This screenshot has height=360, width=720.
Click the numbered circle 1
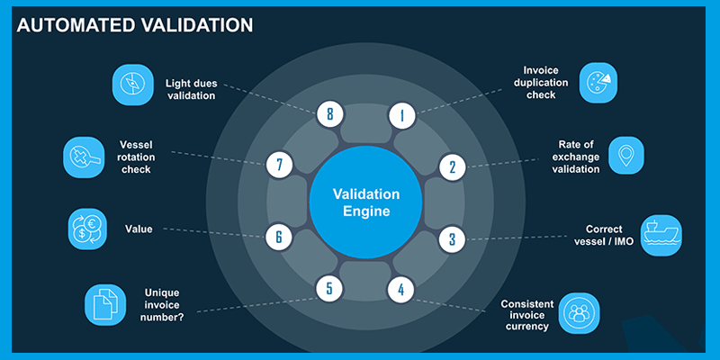click(402, 115)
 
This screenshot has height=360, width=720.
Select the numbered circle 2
click(453, 167)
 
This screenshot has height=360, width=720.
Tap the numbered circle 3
click(453, 239)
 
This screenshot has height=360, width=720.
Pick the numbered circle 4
click(400, 289)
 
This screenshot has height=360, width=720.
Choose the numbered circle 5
click(329, 288)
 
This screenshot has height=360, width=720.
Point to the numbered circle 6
click(279, 237)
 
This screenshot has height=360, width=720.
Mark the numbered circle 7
click(279, 165)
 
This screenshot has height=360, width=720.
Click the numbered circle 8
click(329, 113)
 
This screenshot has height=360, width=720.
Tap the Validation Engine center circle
click(365, 202)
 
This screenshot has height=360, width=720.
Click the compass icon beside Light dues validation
click(132, 85)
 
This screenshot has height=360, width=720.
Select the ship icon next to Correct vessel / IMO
click(661, 236)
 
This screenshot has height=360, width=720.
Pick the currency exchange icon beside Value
click(87, 229)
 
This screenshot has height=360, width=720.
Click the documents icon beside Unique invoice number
click(105, 305)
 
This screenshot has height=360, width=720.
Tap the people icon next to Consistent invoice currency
click(579, 313)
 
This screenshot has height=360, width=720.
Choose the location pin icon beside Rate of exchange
click(626, 155)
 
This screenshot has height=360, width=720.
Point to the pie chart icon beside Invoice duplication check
click(598, 83)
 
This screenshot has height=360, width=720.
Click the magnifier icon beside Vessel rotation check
click(84, 157)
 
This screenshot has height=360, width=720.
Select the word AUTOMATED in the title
click(74, 25)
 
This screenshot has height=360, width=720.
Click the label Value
click(139, 229)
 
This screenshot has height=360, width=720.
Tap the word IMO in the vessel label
click(623, 241)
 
